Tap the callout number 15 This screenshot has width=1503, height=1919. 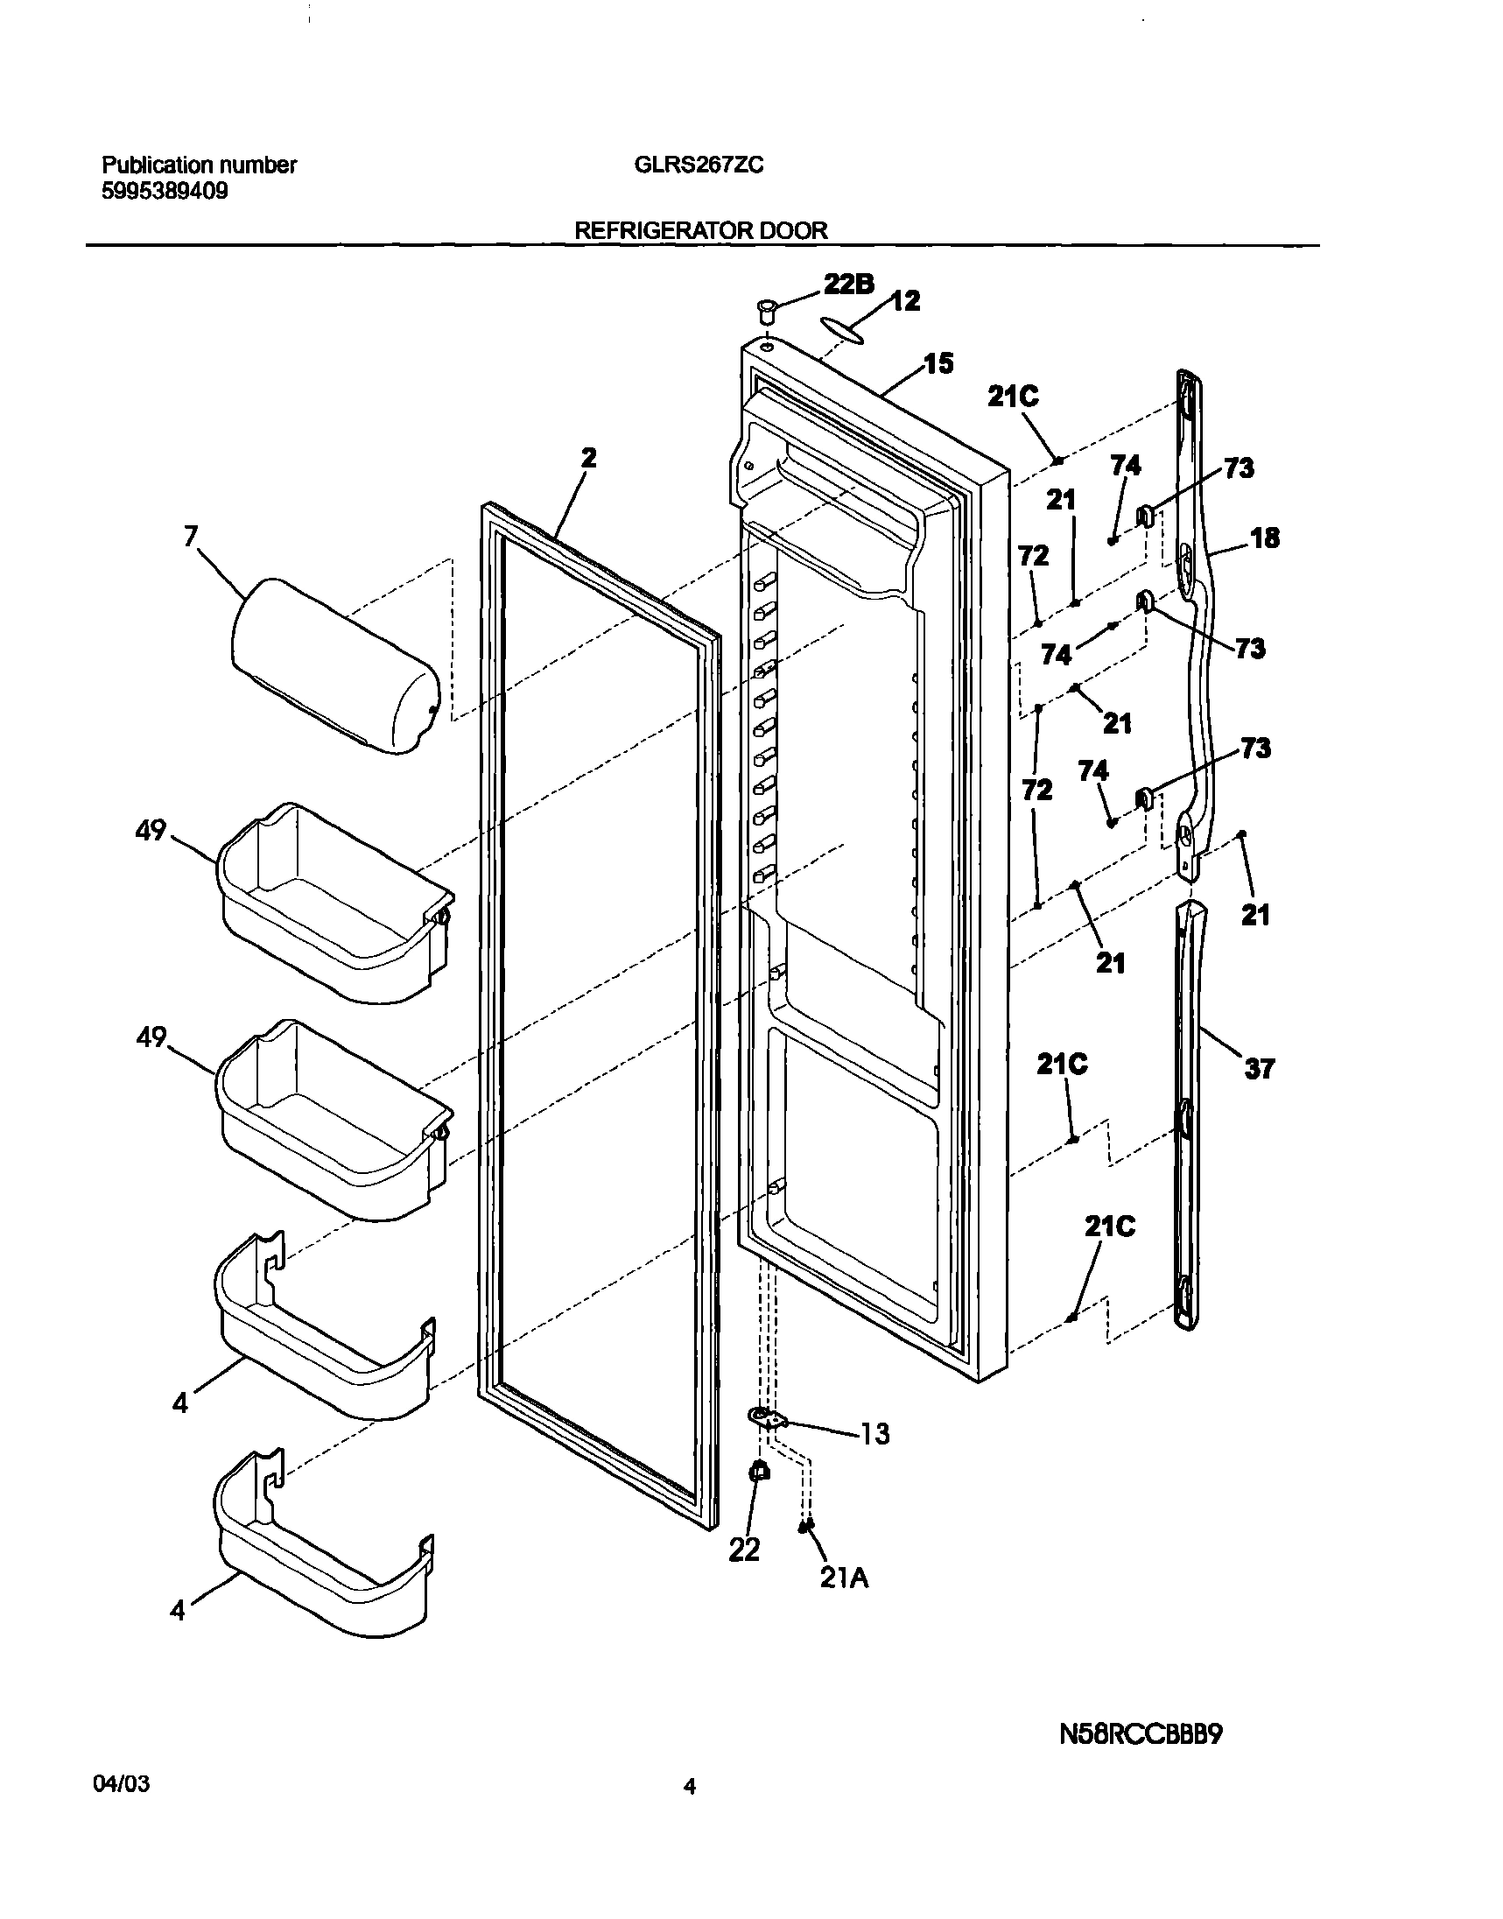938,363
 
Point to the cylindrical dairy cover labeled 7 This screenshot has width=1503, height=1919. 334,666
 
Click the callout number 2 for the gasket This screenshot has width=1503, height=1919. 589,458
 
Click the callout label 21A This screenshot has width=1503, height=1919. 844,1578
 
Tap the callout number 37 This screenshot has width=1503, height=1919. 1259,1068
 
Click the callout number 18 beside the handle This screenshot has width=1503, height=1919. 1265,538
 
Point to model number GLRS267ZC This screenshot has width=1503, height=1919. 699,165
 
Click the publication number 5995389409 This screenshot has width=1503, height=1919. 165,191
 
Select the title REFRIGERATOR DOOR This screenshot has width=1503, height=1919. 700,230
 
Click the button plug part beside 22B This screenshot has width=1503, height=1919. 766,311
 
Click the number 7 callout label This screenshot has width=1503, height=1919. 191,536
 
